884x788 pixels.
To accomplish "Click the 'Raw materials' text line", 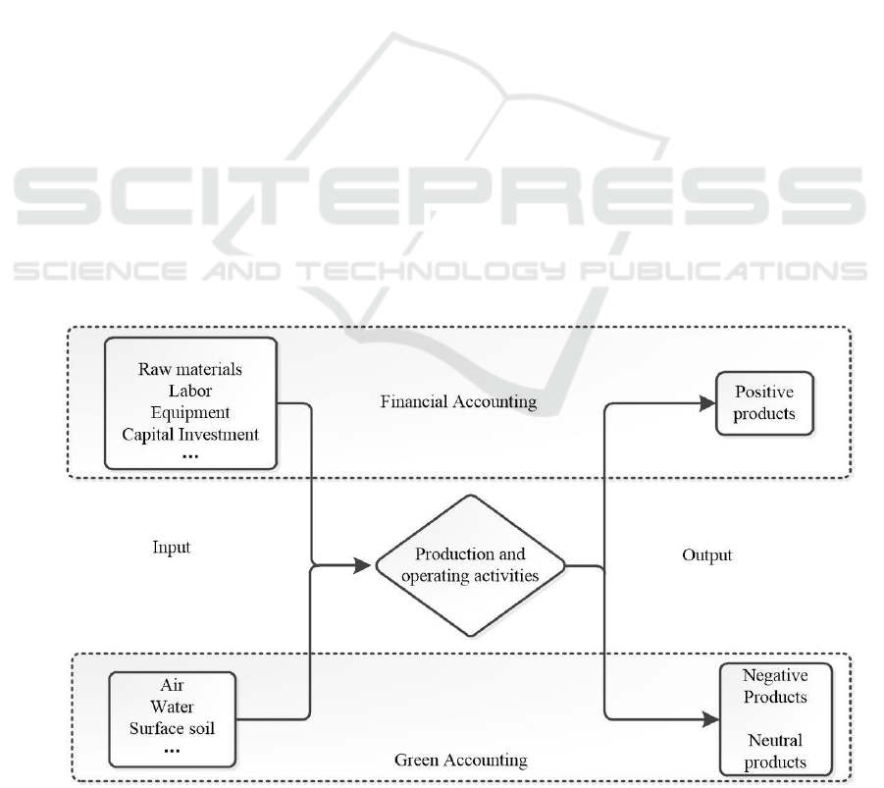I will (191, 370).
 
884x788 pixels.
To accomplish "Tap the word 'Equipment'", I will (191, 412).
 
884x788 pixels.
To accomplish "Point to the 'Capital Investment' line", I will (191, 433).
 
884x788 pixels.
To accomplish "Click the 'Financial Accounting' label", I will (458, 401).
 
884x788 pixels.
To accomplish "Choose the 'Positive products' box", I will (765, 402).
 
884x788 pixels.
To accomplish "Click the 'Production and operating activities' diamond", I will (470, 565).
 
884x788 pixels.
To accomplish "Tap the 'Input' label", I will (172, 548).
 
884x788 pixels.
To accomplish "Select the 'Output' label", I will (706, 555).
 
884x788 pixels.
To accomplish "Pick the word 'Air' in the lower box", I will (173, 687).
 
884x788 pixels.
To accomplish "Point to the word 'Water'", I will (173, 707).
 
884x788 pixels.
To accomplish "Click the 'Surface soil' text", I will (173, 727).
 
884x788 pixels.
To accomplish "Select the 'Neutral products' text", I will (775, 751).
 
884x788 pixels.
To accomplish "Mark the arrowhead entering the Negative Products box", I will (710, 721).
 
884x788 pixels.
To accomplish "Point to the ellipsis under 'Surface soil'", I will (173, 748).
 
